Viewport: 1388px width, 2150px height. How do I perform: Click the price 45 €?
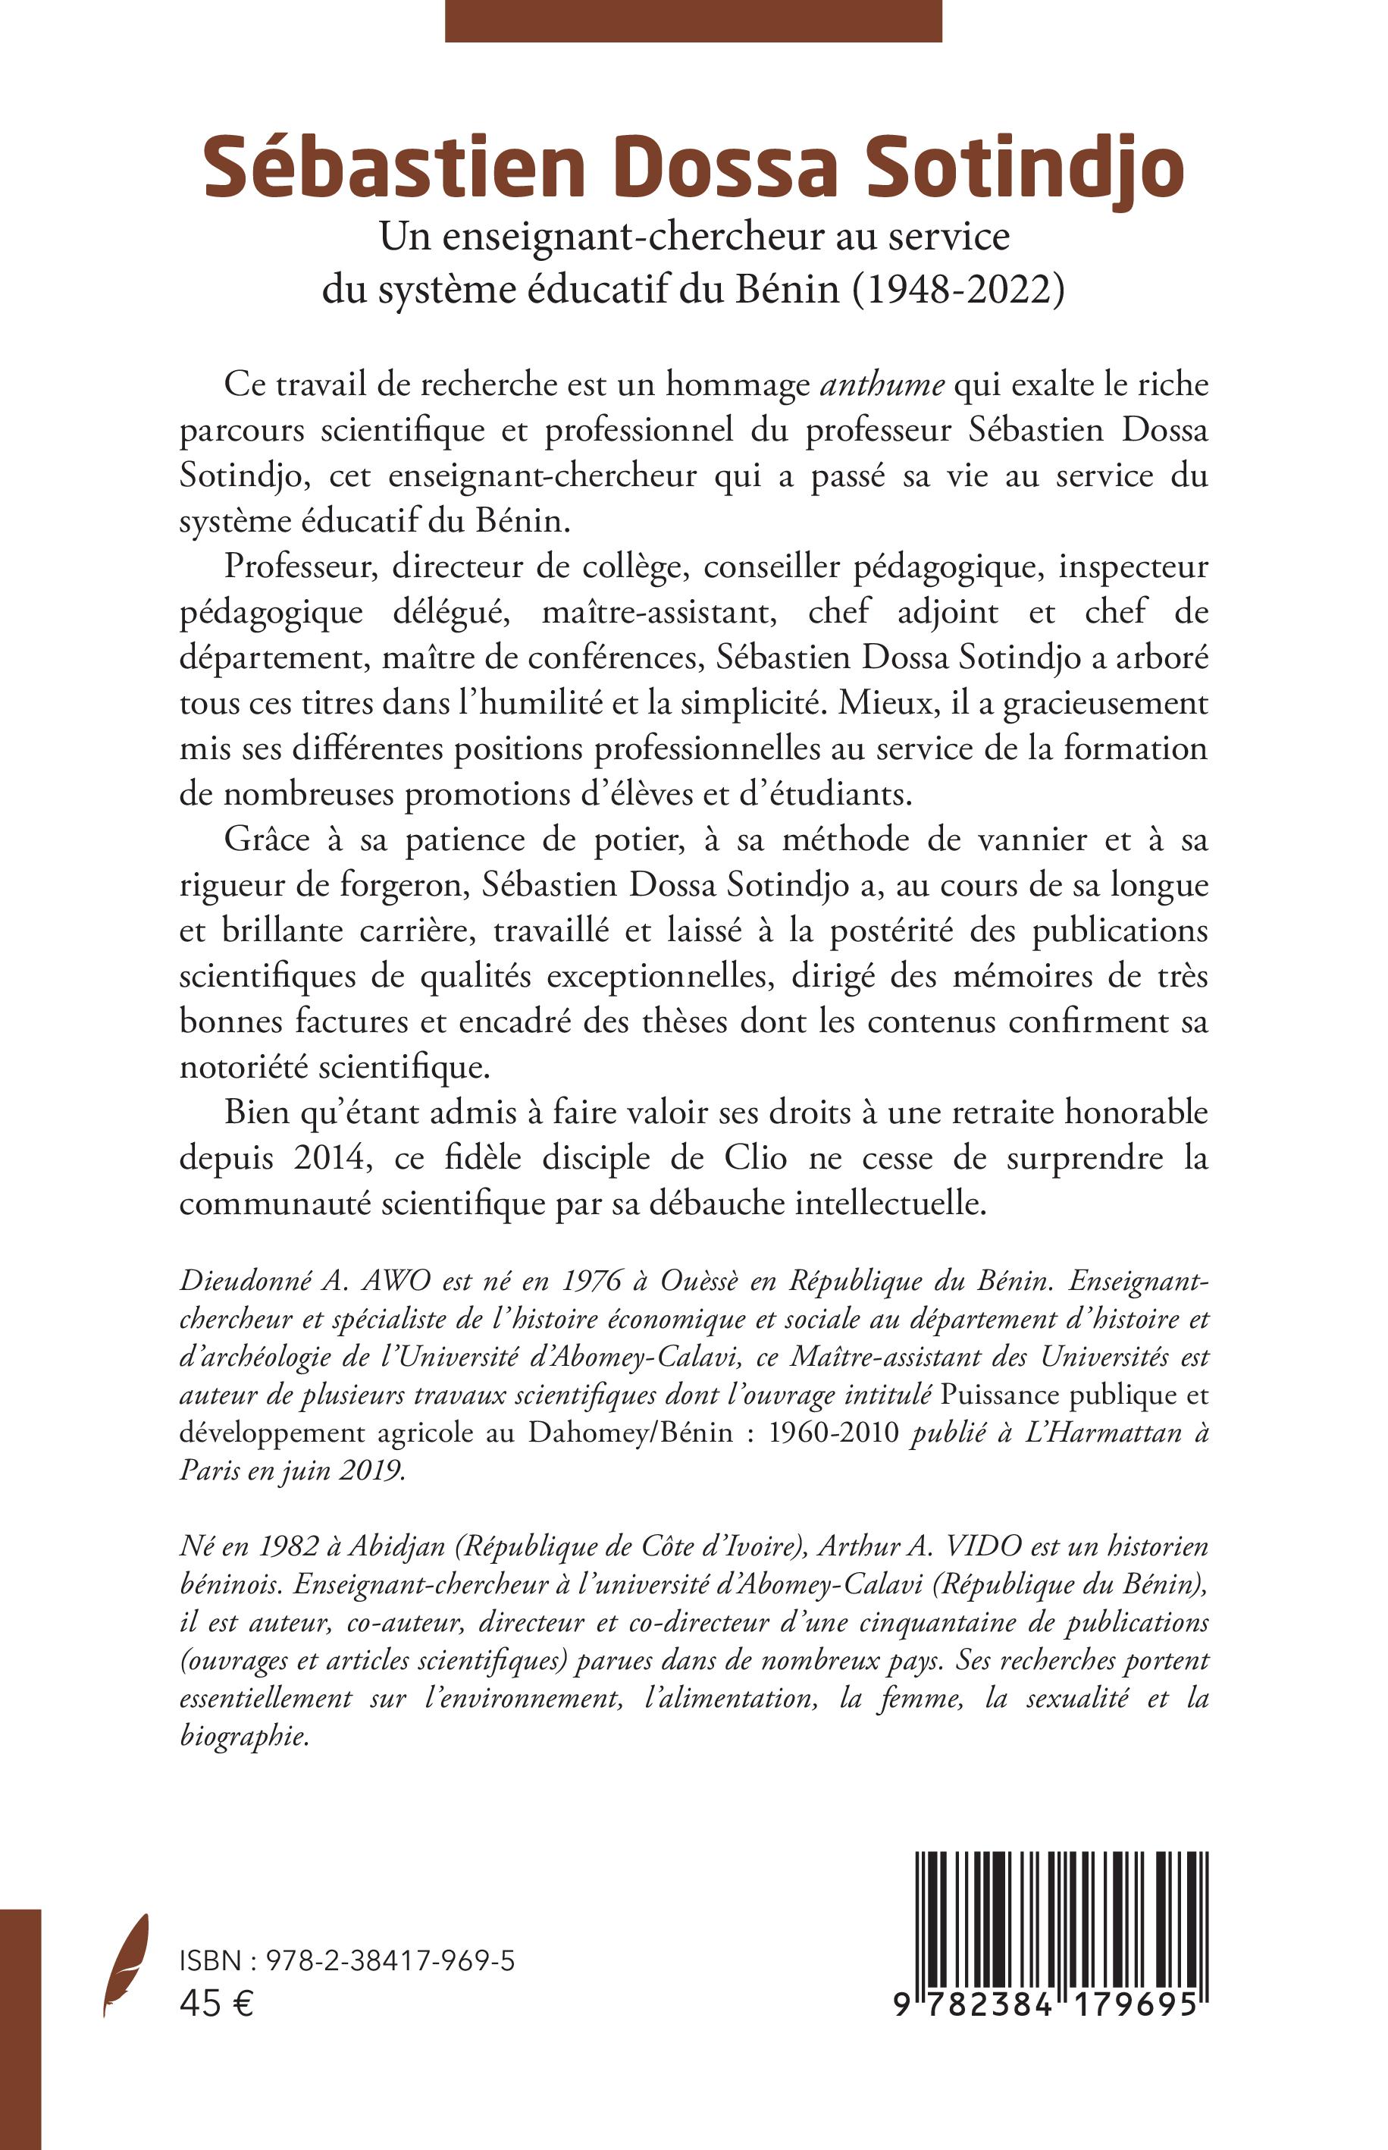click(x=216, y=2004)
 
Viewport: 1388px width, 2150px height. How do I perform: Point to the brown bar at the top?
click(x=692, y=20)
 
